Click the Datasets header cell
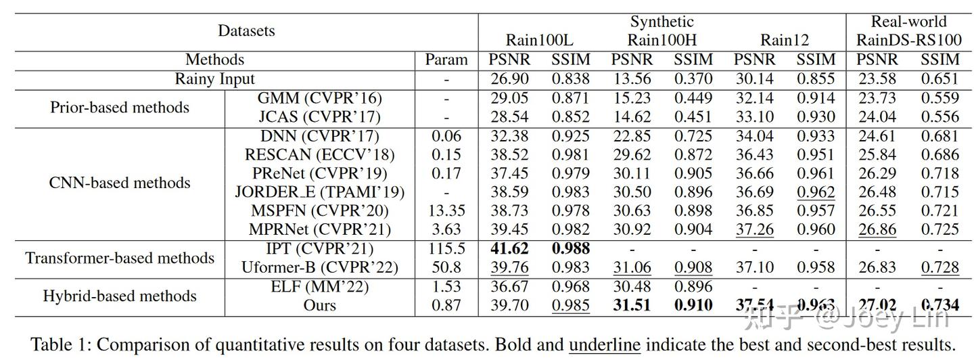coord(246,30)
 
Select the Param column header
coord(446,60)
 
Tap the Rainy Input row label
coord(215,78)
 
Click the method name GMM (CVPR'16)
coord(319,97)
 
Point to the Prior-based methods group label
coord(120,107)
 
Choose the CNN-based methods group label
coord(120,183)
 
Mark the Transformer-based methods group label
coord(120,258)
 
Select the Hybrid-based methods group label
coord(120,296)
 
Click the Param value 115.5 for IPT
coord(446,249)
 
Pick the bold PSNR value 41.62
coord(509,249)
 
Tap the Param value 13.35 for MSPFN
coord(446,211)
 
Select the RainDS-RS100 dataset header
coord(908,40)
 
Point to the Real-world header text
coord(908,22)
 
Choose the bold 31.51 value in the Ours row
coord(631,305)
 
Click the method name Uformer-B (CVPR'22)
coord(319,267)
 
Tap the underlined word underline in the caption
coord(604,345)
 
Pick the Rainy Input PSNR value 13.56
coord(631,78)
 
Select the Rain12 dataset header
coord(784,40)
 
